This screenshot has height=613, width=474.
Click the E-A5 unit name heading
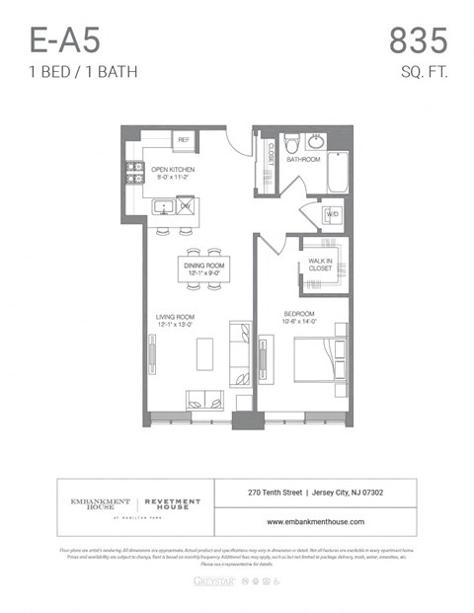[x=64, y=40]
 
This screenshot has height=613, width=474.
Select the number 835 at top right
[x=418, y=40]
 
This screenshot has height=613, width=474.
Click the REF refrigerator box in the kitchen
[x=183, y=141]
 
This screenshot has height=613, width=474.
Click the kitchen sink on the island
[x=162, y=206]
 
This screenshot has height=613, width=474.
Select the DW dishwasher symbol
[x=185, y=206]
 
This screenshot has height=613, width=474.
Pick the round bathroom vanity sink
[x=317, y=140]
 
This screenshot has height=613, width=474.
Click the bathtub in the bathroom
[x=338, y=173]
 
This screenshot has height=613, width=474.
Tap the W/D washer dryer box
[x=332, y=214]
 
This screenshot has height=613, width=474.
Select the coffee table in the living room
[x=204, y=353]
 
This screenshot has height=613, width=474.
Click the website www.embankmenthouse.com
[x=315, y=521]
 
